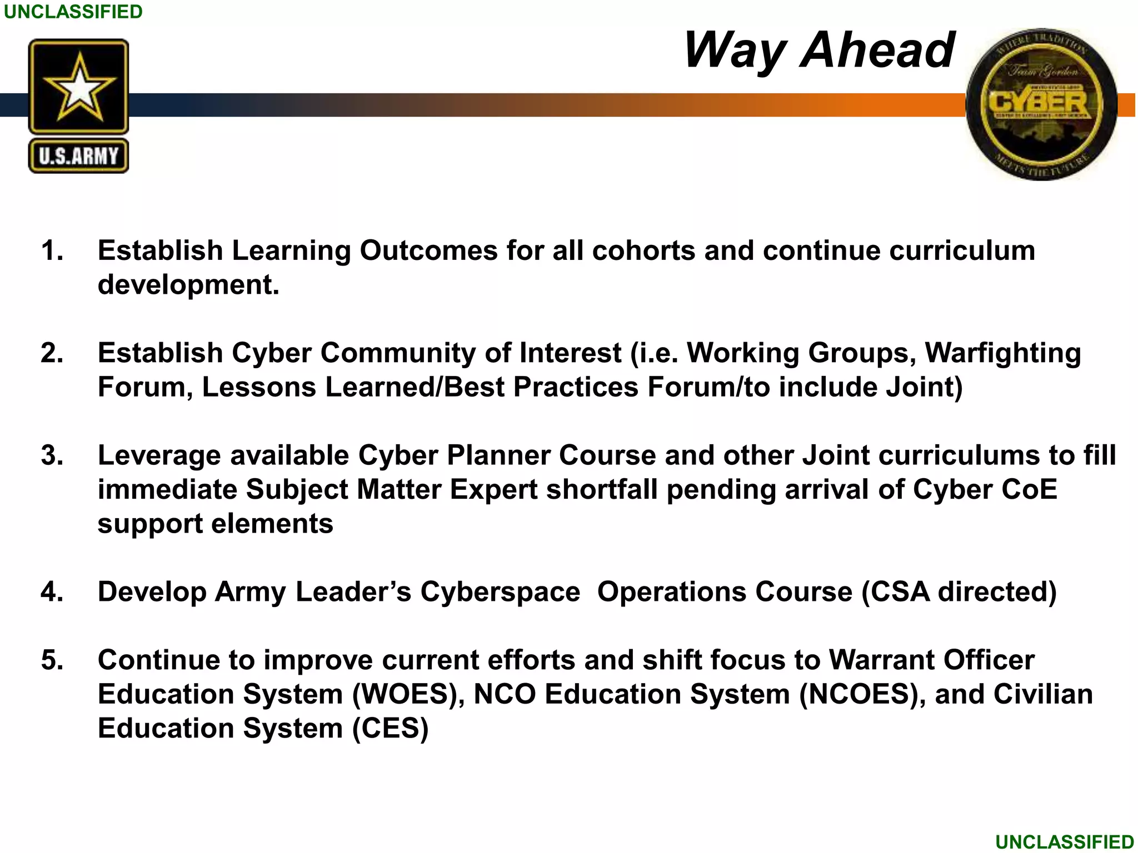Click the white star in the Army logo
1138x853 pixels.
79,88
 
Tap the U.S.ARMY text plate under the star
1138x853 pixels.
78,156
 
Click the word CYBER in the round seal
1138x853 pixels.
1038,104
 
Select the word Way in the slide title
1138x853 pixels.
735,51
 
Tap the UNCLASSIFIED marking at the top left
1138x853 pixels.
73,12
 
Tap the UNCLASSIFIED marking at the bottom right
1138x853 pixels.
1064,842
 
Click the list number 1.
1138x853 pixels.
52,250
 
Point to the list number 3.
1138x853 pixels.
52,455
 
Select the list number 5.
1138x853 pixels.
52,660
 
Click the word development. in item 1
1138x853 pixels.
188,285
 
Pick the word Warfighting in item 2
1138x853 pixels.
1002,353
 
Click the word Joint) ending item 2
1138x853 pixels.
924,387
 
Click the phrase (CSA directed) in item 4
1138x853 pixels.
959,592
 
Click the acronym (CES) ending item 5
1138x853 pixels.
391,729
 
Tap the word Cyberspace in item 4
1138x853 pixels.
500,592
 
